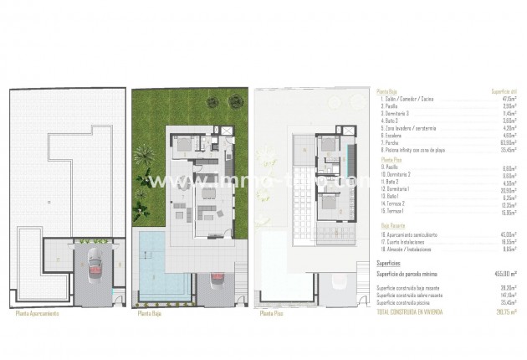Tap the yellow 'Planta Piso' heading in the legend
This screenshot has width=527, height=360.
(x=391, y=158)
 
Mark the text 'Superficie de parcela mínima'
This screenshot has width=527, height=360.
(x=414, y=273)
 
